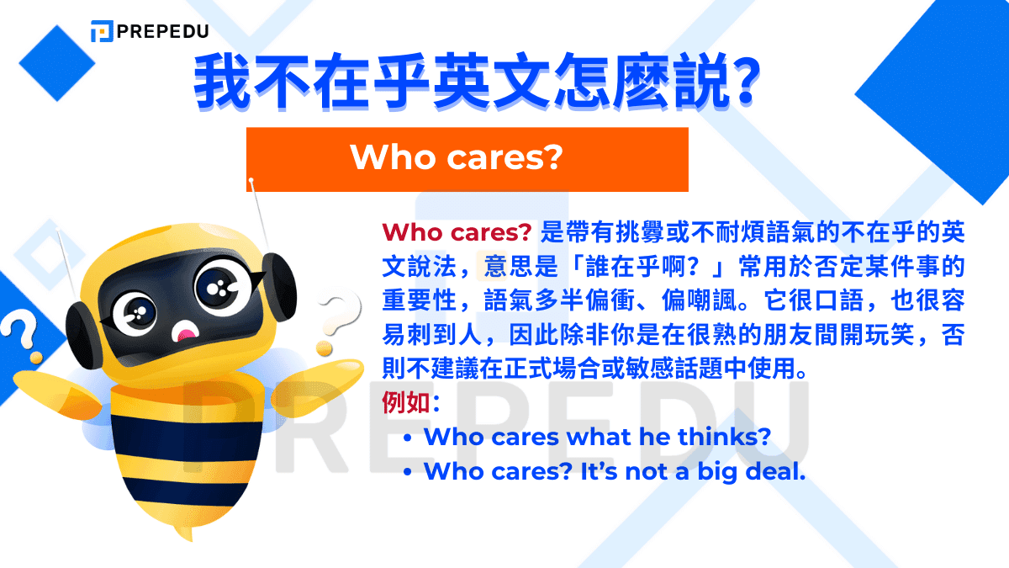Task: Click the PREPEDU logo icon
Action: click(102, 31)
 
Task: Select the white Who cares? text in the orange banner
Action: click(456, 157)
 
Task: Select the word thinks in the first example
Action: click(721, 437)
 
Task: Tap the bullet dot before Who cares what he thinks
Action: click(408, 439)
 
